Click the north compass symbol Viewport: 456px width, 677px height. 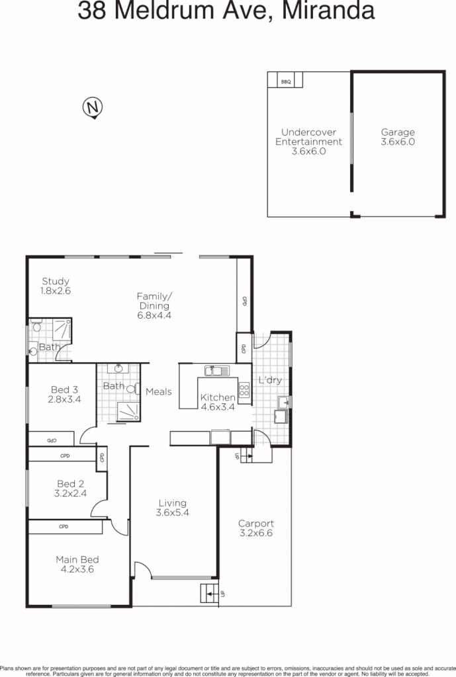(94, 107)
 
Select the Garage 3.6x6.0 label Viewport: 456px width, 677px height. (398, 137)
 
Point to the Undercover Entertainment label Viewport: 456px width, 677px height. (308, 141)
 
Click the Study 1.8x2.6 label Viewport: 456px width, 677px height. (56, 286)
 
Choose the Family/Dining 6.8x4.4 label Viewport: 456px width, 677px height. (154, 305)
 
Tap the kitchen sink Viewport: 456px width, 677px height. (216, 370)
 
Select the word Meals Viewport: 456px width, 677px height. (159, 391)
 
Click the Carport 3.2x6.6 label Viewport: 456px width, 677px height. (256, 528)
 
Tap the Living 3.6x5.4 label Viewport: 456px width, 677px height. (171, 508)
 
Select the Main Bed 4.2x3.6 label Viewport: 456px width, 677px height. (77, 564)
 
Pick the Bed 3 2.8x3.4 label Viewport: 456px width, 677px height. (64, 394)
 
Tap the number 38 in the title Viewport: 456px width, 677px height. (94, 11)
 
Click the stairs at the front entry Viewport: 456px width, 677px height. (210, 594)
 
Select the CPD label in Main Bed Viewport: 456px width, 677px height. (64, 527)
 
